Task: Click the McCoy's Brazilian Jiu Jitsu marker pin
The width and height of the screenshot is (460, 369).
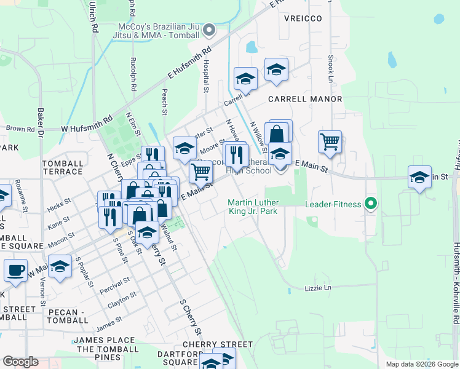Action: pyautogui.click(x=209, y=30)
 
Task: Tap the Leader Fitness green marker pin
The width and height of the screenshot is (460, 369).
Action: pyautogui.click(x=370, y=203)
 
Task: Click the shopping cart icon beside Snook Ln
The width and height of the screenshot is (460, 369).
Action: pyautogui.click(x=330, y=141)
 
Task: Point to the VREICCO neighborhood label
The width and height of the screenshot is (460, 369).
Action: pyautogui.click(x=303, y=18)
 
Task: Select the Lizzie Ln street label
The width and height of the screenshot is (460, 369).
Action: pyautogui.click(x=318, y=288)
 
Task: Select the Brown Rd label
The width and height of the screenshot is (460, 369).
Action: pyautogui.click(x=20, y=129)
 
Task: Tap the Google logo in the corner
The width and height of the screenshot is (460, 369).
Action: pyautogui.click(x=20, y=362)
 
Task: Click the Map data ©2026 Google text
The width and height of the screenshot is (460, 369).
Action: pyautogui.click(x=422, y=364)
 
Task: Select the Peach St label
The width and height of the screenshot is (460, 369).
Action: pyautogui.click(x=164, y=101)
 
